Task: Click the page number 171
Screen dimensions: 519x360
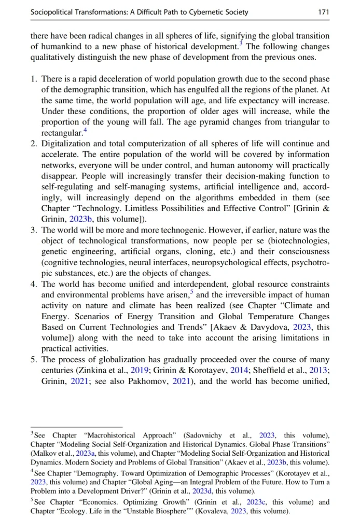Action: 323,12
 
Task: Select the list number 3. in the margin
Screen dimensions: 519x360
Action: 34,230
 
